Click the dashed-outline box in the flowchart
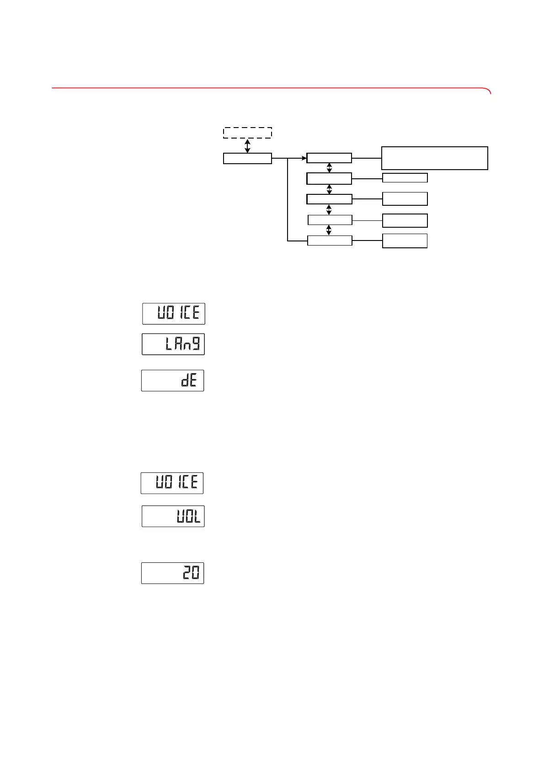(247, 133)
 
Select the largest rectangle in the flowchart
(434, 158)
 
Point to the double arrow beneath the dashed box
(247, 146)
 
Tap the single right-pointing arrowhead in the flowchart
(304, 158)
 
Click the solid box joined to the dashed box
(247, 158)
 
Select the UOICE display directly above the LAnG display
(174, 314)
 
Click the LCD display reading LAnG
(173, 344)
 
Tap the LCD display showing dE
(173, 380)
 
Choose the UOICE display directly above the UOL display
(172, 483)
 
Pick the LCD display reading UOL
(173, 516)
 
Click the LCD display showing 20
(173, 573)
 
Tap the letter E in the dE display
(194, 380)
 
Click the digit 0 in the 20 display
(195, 573)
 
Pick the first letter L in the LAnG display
(169, 344)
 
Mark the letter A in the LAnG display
(178, 344)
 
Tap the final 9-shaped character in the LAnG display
(196, 344)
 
